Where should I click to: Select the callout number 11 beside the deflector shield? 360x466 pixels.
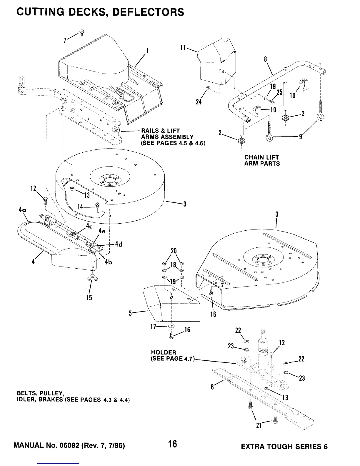183,47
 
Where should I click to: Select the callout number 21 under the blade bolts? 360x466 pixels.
259,425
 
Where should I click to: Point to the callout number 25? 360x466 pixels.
279,92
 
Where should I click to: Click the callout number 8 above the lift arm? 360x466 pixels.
265,59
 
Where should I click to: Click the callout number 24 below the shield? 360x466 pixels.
199,102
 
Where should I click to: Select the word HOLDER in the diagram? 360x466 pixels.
164,352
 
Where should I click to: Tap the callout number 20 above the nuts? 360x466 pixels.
174,251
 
